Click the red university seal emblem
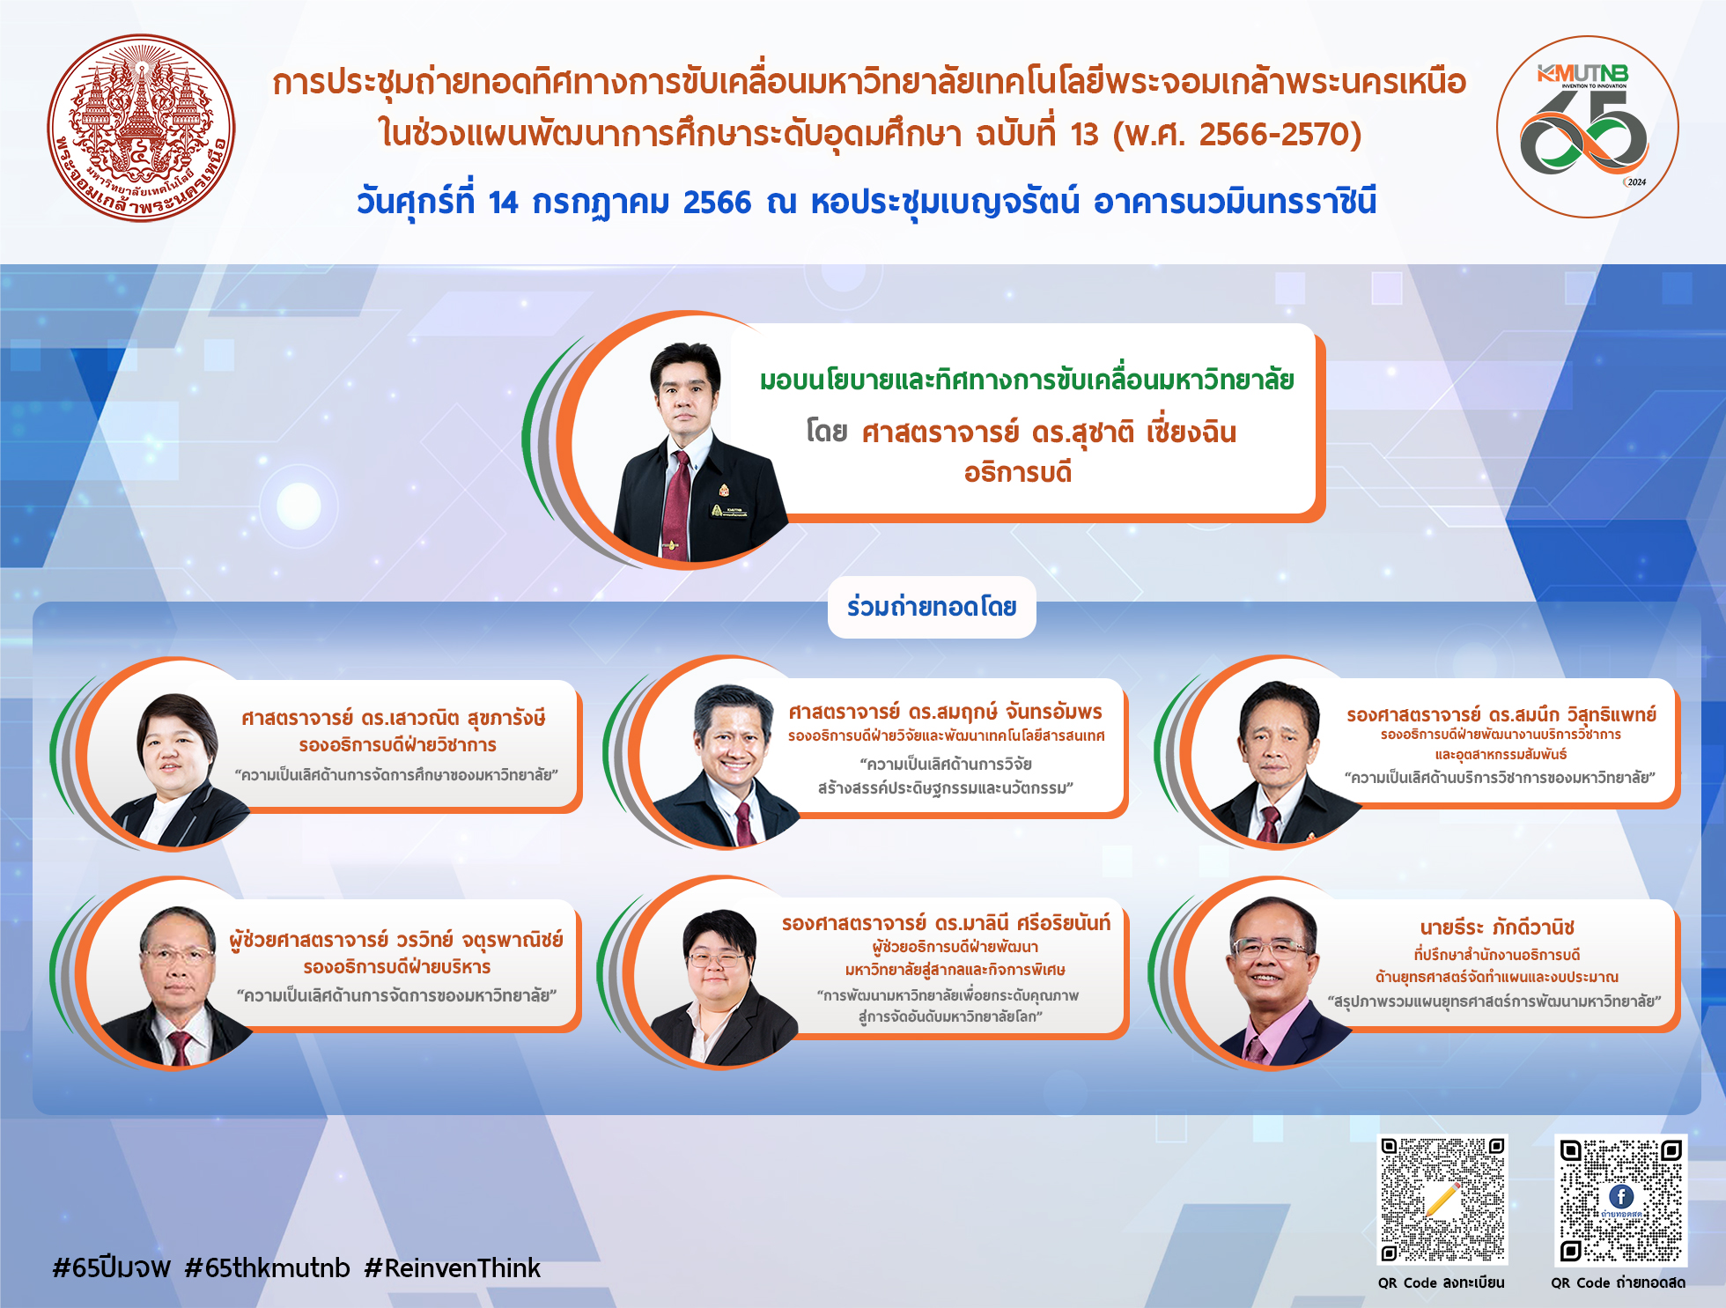[141, 129]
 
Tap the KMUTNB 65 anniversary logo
[1587, 127]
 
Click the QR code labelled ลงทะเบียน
[1442, 1200]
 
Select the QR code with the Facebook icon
[1620, 1200]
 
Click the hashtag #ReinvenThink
[452, 1268]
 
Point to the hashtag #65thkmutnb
[268, 1268]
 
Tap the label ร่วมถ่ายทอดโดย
[932, 607]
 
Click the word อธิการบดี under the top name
[1018, 473]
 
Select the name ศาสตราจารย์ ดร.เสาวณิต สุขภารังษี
[394, 718]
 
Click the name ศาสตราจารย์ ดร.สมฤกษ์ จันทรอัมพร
[945, 712]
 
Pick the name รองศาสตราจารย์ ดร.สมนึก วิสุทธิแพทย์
[1501, 714]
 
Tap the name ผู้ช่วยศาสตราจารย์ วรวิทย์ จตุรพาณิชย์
[396, 940]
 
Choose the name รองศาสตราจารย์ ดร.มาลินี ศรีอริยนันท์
[946, 923]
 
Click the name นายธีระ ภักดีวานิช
[1497, 927]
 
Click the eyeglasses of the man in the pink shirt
[1268, 948]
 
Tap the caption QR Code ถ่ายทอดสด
[1619, 1282]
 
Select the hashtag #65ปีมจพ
[112, 1268]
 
